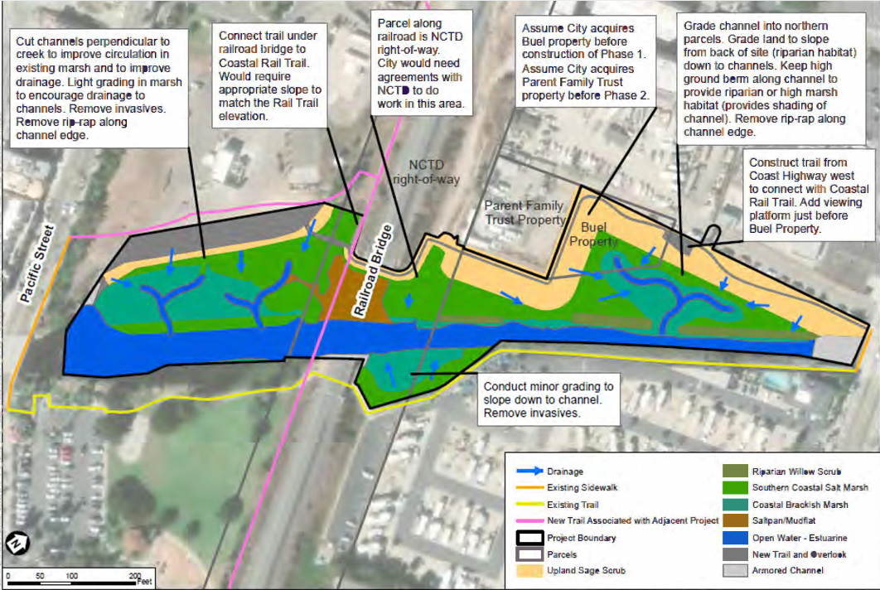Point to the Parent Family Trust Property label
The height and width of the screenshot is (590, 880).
(524, 213)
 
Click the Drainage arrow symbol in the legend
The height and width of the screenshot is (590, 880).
(527, 472)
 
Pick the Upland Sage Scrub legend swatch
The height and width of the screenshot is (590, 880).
(527, 570)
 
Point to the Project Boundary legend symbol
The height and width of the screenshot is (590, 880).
(527, 537)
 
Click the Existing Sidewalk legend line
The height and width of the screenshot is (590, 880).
(527, 488)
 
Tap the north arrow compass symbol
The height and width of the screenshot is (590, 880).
(17, 544)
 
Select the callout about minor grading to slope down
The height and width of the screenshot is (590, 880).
(549, 399)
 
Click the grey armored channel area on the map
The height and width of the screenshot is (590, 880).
(836, 351)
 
